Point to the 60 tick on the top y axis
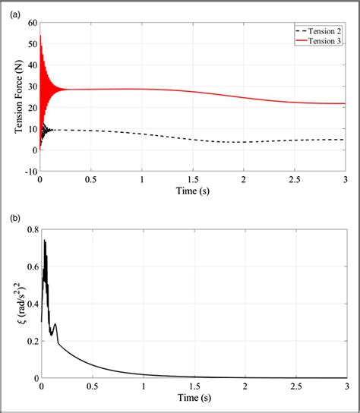[x=32, y=23]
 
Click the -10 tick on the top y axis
[x=30, y=172]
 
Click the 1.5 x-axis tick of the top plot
[x=193, y=181]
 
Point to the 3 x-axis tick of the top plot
[x=346, y=181]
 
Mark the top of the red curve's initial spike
[x=41, y=36]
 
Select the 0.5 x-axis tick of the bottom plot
[x=92, y=387]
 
